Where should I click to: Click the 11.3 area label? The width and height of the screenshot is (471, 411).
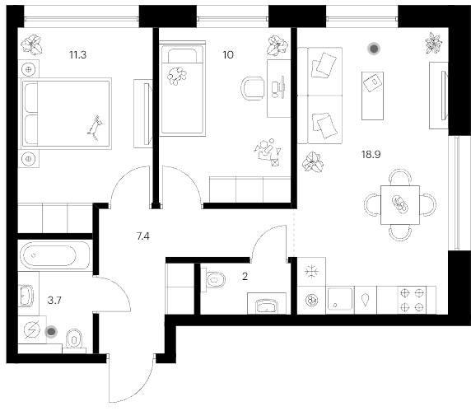coord(77,55)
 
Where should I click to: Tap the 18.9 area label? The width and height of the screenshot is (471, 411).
coord(371,154)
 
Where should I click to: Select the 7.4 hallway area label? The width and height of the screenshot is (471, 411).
coord(143,236)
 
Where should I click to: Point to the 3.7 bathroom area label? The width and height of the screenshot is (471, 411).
coord(54,300)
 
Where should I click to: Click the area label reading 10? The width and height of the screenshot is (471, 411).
coord(228,55)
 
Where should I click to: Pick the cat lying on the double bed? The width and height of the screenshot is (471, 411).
coord(95,128)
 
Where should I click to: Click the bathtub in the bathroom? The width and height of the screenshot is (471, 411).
coord(55,255)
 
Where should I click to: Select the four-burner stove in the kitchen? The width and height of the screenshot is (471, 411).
coord(412,300)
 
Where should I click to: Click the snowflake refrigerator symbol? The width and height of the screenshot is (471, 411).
coord(311,272)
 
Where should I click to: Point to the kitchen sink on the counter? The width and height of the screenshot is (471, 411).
coord(340,299)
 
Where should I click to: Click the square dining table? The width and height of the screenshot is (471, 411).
coord(400,205)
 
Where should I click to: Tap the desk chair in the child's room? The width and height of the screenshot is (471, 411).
coord(253,88)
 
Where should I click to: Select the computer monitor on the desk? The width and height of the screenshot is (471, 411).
coord(282,87)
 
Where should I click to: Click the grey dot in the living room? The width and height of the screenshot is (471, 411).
coord(374,49)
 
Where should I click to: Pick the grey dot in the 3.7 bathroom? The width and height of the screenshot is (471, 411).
coord(51,332)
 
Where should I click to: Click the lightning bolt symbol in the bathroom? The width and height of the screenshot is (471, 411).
coord(32,330)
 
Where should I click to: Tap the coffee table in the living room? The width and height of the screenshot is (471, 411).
coord(372,96)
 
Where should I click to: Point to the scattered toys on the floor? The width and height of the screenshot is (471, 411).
coord(268,152)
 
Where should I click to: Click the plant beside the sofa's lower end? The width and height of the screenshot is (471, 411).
coord(313,162)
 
